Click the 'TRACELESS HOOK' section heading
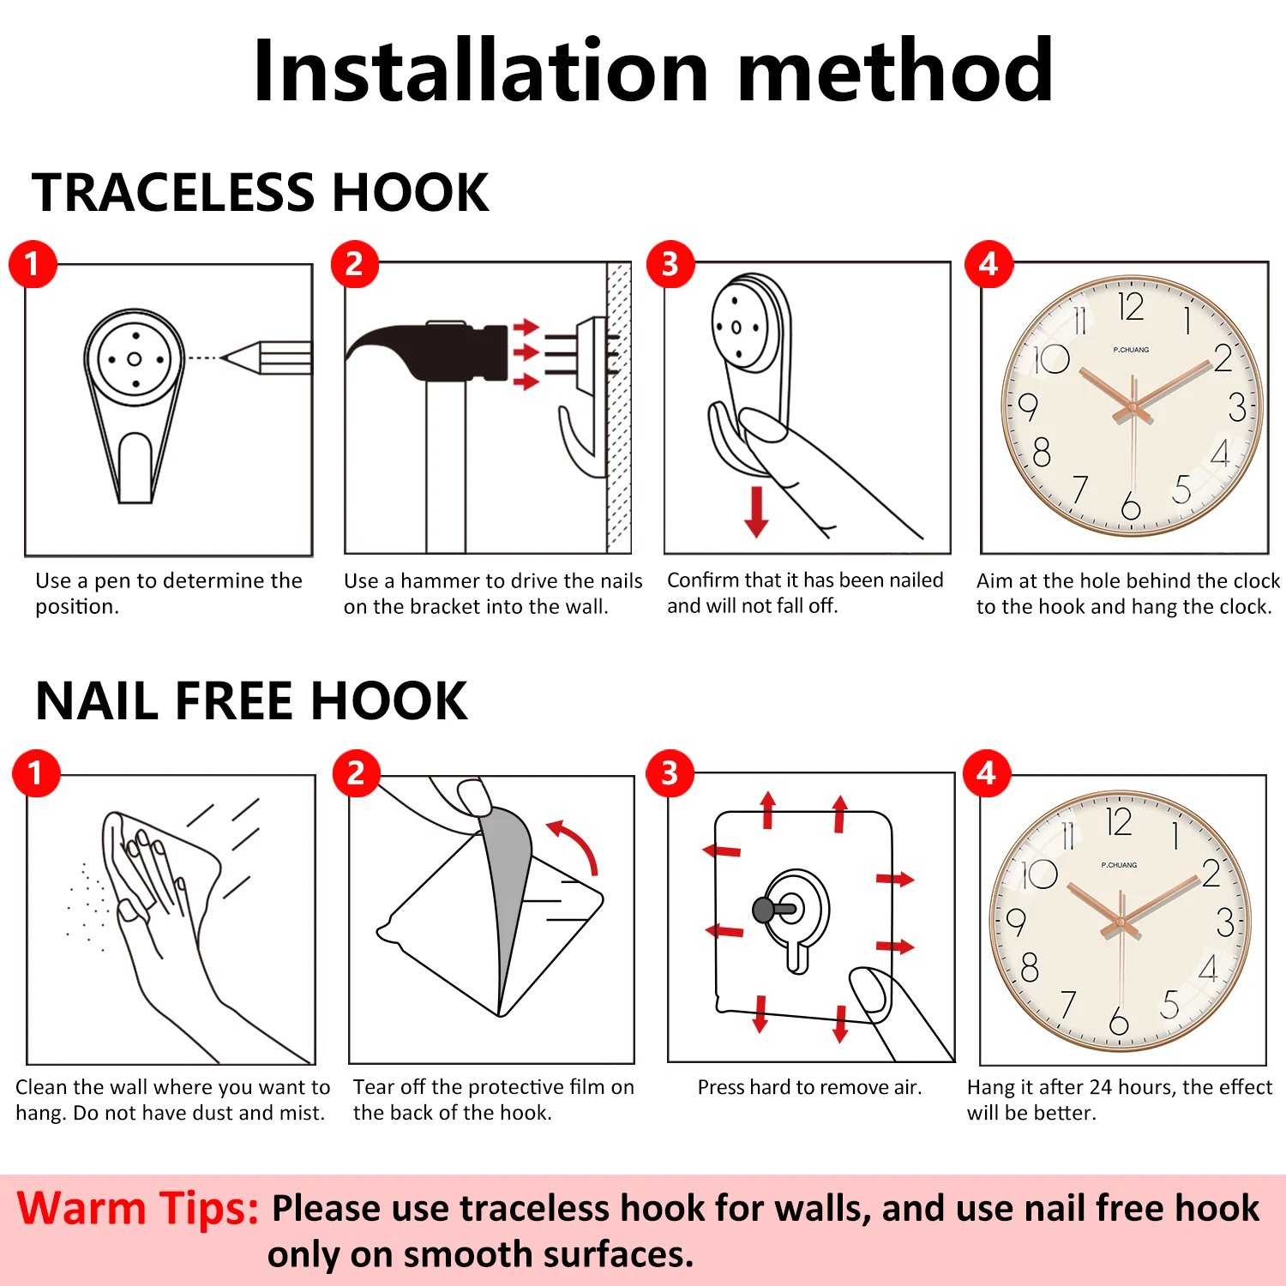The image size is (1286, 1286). pos(260,192)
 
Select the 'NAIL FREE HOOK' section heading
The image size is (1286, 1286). pos(251,700)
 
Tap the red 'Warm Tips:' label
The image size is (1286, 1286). pos(137,1209)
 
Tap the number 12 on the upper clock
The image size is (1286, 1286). pos(1130,307)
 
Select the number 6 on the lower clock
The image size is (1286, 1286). pos(1118,1020)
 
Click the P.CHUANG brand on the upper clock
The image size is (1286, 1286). pos(1131,350)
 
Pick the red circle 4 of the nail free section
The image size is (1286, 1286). pos(987,773)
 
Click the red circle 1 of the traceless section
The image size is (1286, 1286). pos(33,264)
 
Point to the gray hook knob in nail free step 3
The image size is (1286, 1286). pos(763,910)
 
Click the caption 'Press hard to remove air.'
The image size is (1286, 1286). pos(809,1087)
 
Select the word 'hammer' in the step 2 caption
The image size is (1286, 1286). pos(436,581)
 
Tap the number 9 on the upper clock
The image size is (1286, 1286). pos(1027,406)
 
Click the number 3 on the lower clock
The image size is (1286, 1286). pos(1225,922)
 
